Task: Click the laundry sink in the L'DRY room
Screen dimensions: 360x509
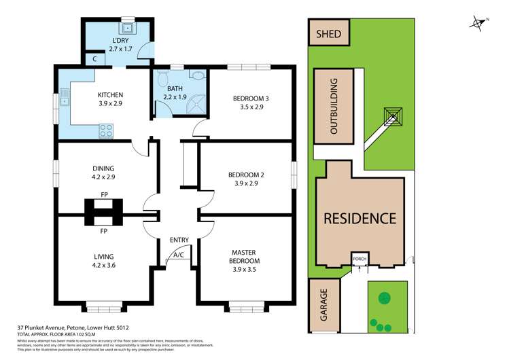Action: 126,29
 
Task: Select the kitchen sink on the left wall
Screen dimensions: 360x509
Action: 66,103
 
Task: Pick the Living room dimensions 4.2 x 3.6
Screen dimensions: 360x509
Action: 104,266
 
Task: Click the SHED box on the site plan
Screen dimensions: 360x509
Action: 330,32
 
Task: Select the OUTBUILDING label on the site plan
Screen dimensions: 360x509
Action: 334,107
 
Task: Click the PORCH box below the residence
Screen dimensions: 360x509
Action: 359,259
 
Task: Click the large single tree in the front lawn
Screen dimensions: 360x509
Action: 385,297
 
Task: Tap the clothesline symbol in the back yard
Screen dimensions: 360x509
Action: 392,117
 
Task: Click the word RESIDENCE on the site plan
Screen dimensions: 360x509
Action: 359,219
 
